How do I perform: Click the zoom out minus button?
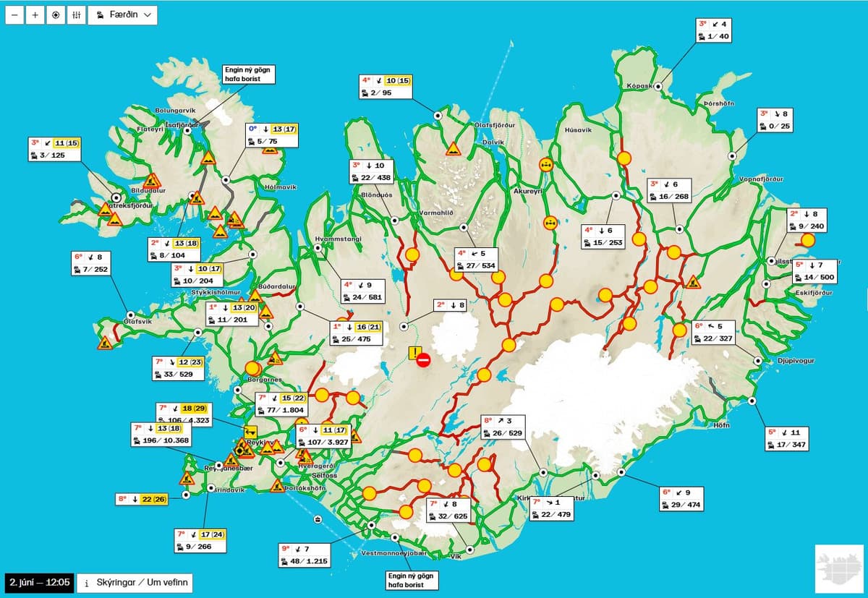pos(14,15)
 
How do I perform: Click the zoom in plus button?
pos(35,15)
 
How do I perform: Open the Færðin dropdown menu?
pos(123,15)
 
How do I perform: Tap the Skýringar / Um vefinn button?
pos(135,583)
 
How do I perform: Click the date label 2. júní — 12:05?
pos(39,583)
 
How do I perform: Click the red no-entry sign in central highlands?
pos(424,359)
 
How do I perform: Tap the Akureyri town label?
pos(527,191)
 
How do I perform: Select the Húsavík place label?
pos(577,130)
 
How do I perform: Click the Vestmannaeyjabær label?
pos(394,553)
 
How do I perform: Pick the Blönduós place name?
pos(376,195)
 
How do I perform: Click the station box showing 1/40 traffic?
pos(713,30)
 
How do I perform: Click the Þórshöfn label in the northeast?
pos(718,103)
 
